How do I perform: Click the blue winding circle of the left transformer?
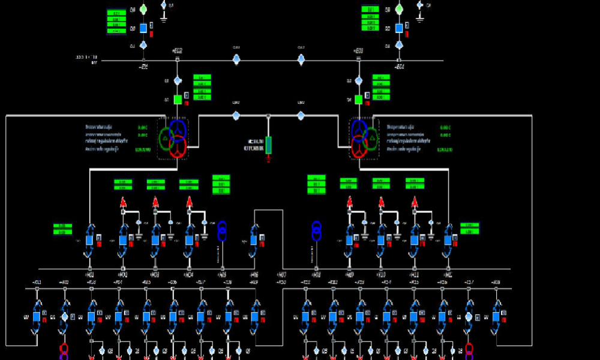pyautogui.click(x=178, y=128)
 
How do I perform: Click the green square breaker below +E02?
pyautogui.click(x=178, y=100)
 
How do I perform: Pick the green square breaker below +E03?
pyautogui.click(x=358, y=100)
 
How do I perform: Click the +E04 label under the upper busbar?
pyautogui.click(x=399, y=67)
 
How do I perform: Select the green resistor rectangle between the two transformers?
pyautogui.click(x=268, y=145)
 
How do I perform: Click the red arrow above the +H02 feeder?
pyautogui.click(x=123, y=202)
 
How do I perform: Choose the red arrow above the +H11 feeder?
pyautogui.click(x=413, y=202)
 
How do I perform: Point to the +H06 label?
pyautogui.click(x=254, y=274)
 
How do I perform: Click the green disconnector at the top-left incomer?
pyautogui.click(x=143, y=10)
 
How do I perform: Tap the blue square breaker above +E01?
pyautogui.click(x=143, y=28)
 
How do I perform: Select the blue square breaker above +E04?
pyautogui.click(x=398, y=28)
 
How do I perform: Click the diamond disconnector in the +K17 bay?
pyautogui.click(x=469, y=316)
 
